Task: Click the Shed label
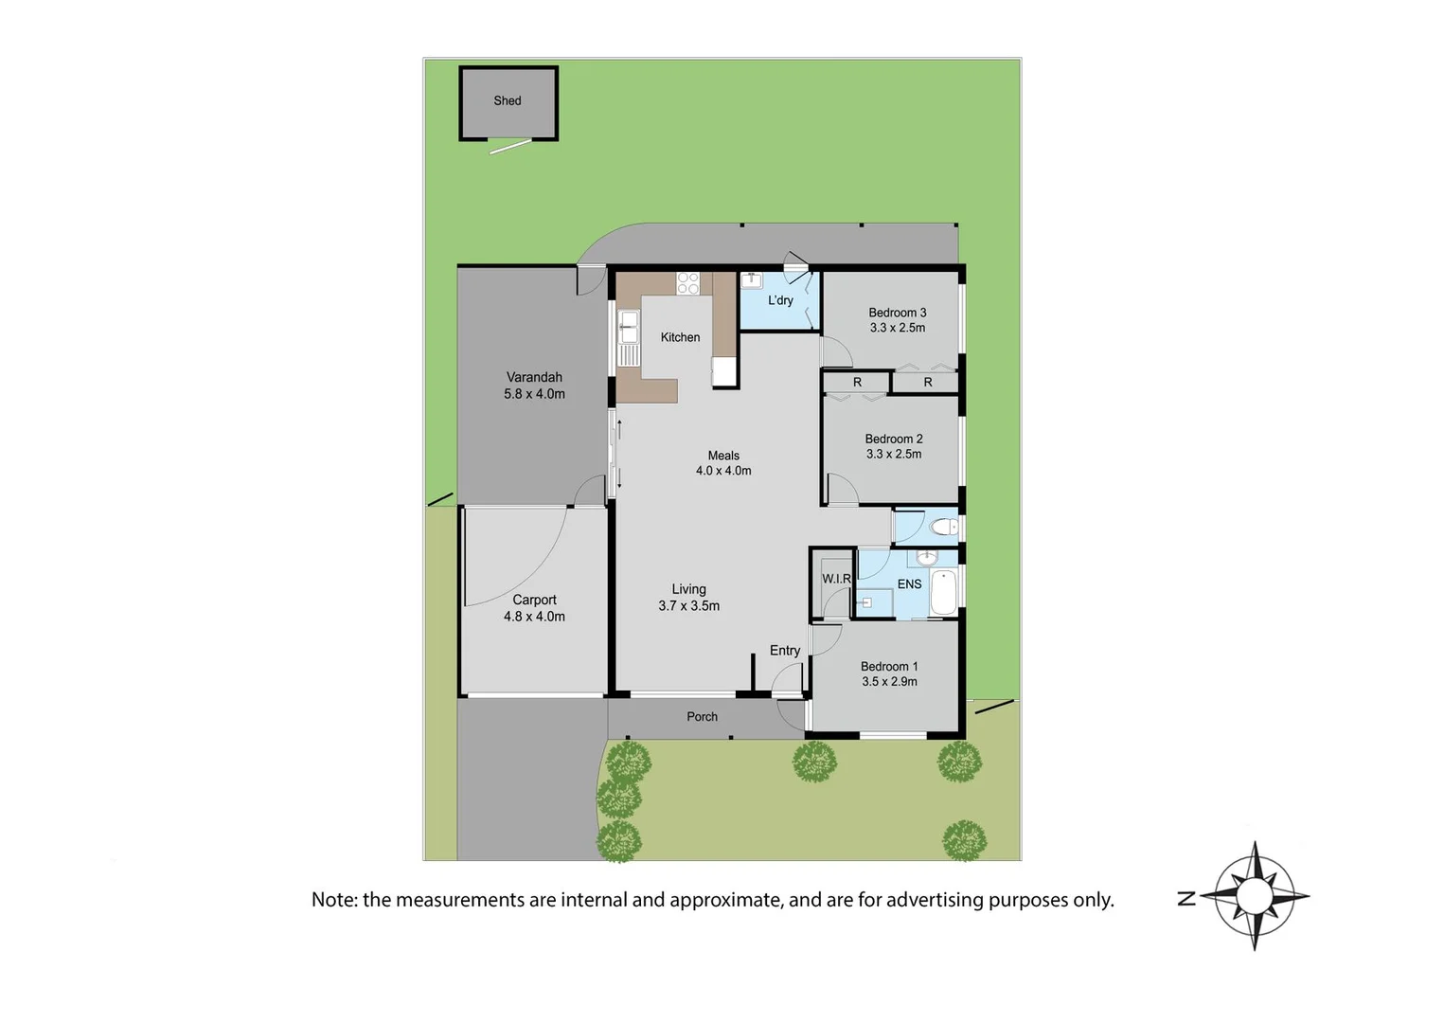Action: (x=508, y=100)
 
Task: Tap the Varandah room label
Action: (x=534, y=377)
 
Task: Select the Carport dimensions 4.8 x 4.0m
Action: (x=534, y=617)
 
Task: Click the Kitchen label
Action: (x=680, y=337)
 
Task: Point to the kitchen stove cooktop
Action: (x=687, y=282)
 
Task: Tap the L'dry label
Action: (x=780, y=300)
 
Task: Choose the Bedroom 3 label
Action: (x=897, y=313)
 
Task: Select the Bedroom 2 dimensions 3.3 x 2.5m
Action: (x=893, y=455)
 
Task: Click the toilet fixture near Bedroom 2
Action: (x=943, y=527)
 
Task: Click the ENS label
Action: (x=909, y=584)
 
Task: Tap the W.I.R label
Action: (x=836, y=579)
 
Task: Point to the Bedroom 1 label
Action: (x=888, y=667)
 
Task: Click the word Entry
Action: (x=784, y=651)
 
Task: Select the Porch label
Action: (x=702, y=717)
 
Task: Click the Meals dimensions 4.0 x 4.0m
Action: (x=723, y=471)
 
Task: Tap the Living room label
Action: (x=688, y=589)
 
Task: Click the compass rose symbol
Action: (x=1255, y=896)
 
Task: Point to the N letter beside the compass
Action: (x=1186, y=898)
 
